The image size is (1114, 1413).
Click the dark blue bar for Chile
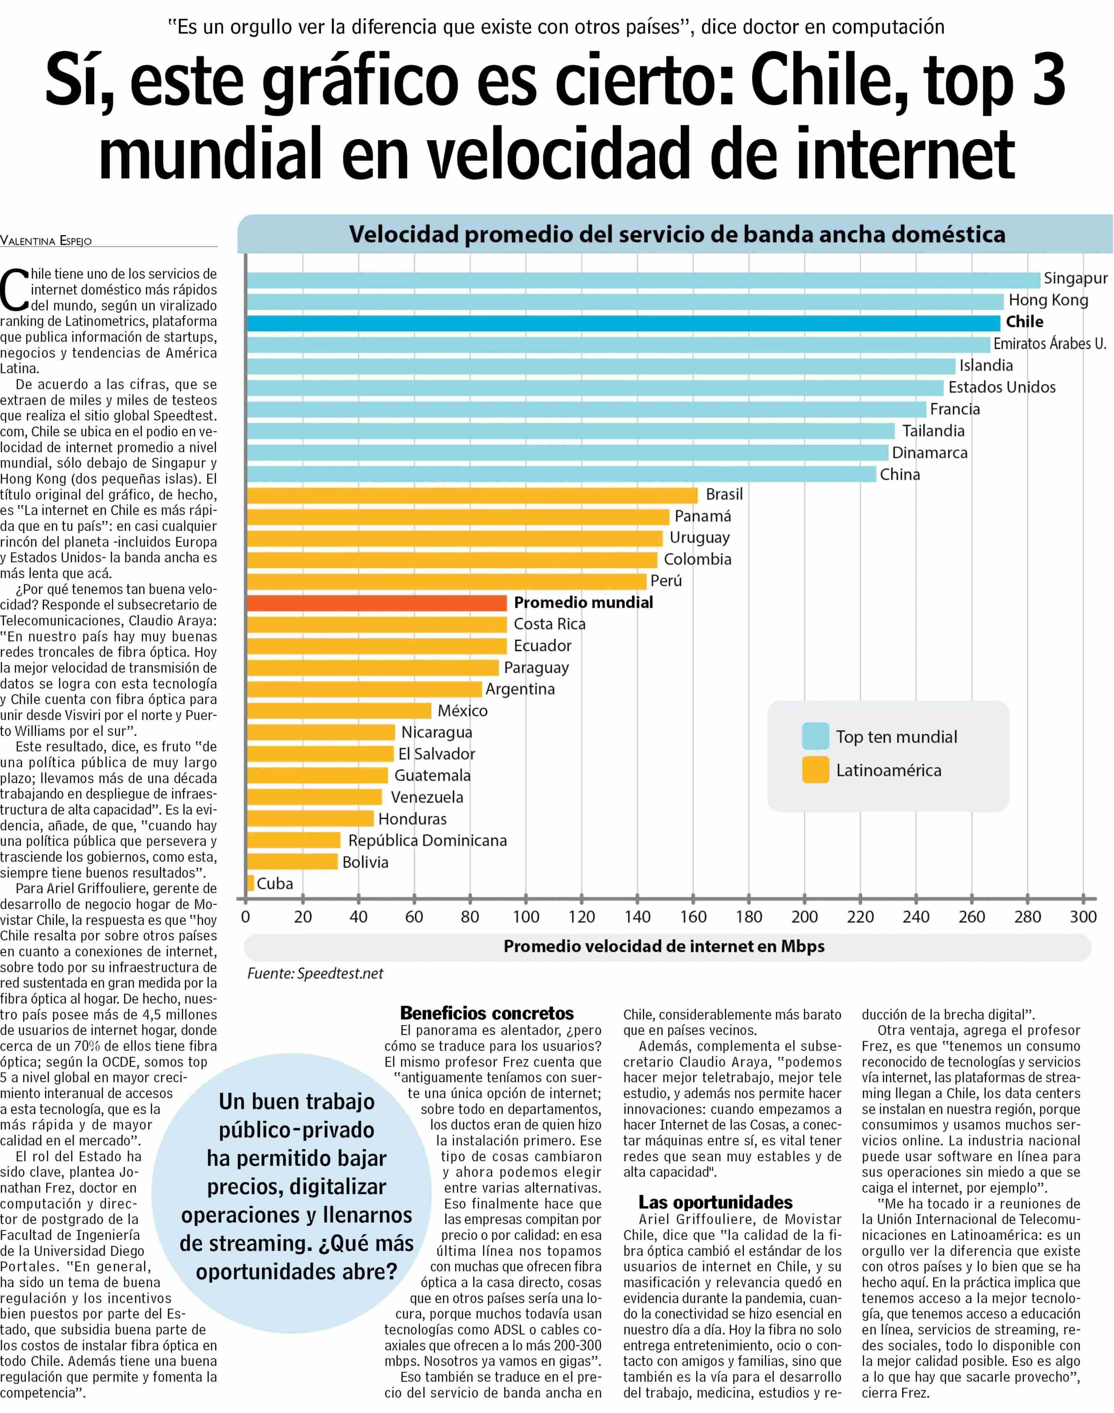(x=623, y=323)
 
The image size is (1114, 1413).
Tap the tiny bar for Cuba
(x=251, y=883)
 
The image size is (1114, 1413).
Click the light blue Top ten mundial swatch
(x=815, y=736)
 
